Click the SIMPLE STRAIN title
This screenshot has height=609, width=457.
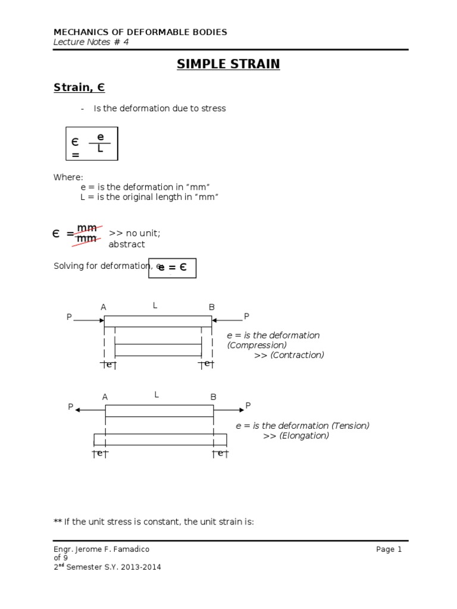tap(228, 64)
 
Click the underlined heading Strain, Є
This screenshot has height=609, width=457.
tap(79, 88)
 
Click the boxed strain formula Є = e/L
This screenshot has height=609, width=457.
tap(92, 143)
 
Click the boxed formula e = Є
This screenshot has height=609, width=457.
tap(172, 268)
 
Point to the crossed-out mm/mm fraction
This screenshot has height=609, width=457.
tap(87, 234)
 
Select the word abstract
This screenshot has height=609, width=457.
tap(126, 244)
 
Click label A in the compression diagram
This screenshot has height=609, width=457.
tap(104, 307)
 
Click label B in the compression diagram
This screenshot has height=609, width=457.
tap(211, 307)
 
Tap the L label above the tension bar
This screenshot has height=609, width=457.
tap(157, 394)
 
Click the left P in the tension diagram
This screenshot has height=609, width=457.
tap(70, 407)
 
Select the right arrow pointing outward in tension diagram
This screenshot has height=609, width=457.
tap(228, 409)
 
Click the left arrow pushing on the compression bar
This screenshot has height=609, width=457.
tap(89, 320)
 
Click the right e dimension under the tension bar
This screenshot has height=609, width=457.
tap(220, 454)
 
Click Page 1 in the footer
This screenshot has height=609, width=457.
tap(389, 550)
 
